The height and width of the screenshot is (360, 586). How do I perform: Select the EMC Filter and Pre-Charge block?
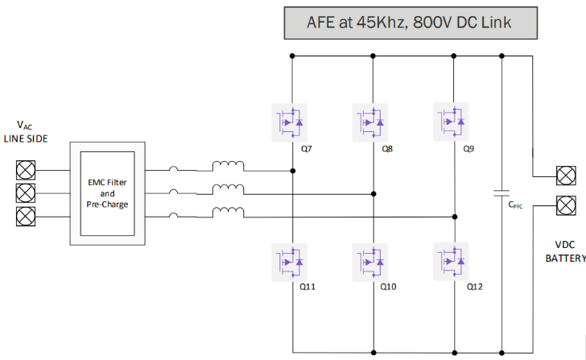pos(108,194)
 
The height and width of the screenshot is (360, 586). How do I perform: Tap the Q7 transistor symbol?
pos(291,122)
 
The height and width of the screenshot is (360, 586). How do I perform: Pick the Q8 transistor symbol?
pos(370,122)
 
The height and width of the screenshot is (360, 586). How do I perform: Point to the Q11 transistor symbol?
pos(291,260)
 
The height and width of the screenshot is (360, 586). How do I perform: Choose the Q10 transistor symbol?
pos(370,260)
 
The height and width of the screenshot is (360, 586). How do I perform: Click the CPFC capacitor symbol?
pos(501,193)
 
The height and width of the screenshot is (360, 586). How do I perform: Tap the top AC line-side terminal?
pos(26,171)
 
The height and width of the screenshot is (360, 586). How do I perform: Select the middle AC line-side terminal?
pos(26,193)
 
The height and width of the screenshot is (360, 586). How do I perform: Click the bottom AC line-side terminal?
pos(26,216)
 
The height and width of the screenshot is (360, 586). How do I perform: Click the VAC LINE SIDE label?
pos(26,132)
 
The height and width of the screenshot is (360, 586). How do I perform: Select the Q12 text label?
pos(473,287)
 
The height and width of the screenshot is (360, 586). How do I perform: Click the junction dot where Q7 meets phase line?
pos(291,171)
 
